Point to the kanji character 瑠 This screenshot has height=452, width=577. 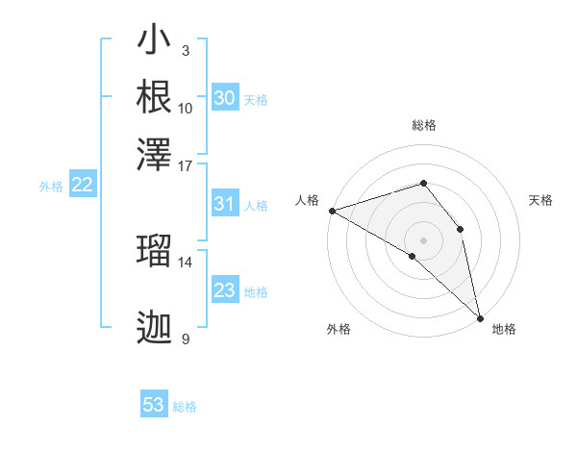click(x=154, y=249)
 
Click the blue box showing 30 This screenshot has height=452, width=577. click(x=224, y=98)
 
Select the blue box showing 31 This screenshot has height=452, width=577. click(x=224, y=204)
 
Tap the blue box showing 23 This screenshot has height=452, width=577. click(x=224, y=290)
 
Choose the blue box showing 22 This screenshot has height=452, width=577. click(x=82, y=186)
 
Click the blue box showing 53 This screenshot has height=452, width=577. click(x=154, y=405)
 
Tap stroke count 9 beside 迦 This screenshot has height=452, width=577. click(x=186, y=339)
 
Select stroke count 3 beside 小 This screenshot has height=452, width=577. click(x=186, y=51)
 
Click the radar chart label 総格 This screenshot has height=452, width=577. click(x=424, y=125)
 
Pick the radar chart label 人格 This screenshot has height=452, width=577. click(x=307, y=200)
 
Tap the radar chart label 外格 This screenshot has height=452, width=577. click(x=339, y=329)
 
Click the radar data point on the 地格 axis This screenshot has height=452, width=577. click(x=480, y=316)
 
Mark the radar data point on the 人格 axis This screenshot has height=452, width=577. click(x=332, y=210)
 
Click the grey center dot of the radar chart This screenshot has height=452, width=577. click(x=423, y=239)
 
